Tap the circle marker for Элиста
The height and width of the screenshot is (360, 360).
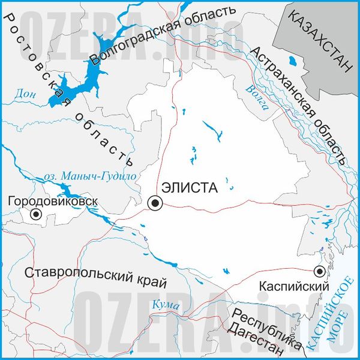155,204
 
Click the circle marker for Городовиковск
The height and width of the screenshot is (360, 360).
36,214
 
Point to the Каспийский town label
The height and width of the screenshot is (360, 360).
294,287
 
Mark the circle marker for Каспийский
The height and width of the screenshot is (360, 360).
320,271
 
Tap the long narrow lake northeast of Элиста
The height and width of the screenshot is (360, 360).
211,130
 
